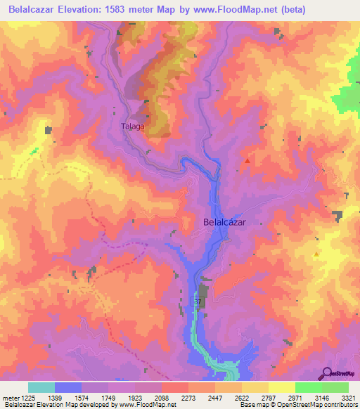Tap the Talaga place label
(x=132, y=126)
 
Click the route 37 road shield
(x=198, y=301)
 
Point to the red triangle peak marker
(x=247, y=161)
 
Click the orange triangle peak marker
(x=316, y=254)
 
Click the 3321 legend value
(x=341, y=398)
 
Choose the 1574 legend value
(x=94, y=398)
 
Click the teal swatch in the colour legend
(x=41, y=387)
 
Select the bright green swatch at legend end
(x=335, y=387)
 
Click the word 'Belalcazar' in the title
(x=32, y=8)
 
